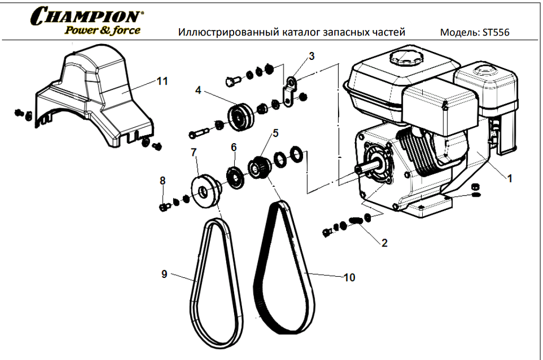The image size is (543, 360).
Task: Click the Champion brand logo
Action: (x=86, y=21)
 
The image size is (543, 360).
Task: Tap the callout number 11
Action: (x=162, y=82)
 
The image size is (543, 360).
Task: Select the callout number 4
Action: (x=198, y=91)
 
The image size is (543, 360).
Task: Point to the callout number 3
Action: (x=311, y=56)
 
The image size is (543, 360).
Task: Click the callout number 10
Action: (x=350, y=277)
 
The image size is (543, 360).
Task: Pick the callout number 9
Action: (x=164, y=274)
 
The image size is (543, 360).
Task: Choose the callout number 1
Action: (x=510, y=179)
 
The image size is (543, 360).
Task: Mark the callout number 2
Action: (x=385, y=243)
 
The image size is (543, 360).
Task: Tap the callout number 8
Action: (x=163, y=180)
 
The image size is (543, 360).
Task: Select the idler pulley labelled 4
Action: (x=241, y=117)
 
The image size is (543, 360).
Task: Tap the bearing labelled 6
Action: (x=236, y=178)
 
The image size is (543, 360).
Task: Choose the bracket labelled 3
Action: (x=289, y=92)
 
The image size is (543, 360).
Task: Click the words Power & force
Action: (x=102, y=30)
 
